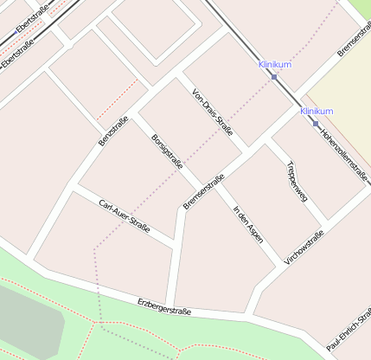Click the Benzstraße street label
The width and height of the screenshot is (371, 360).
click(x=112, y=130)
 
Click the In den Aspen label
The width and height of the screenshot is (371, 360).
click(x=246, y=223)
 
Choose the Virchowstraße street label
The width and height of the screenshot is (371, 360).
click(x=304, y=247)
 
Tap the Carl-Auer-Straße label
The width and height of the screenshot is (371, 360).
click(x=125, y=217)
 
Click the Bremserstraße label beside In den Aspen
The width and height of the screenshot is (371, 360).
click(x=203, y=191)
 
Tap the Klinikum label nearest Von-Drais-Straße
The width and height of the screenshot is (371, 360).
click(x=274, y=65)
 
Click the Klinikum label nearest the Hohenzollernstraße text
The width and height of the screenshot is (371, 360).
click(x=317, y=112)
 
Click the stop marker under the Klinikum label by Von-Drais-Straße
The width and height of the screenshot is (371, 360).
click(x=274, y=77)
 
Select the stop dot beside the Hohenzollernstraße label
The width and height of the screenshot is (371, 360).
click(x=316, y=123)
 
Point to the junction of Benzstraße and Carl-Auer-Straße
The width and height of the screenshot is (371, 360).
click(x=76, y=185)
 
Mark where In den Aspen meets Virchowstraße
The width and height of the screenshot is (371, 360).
click(x=283, y=265)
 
